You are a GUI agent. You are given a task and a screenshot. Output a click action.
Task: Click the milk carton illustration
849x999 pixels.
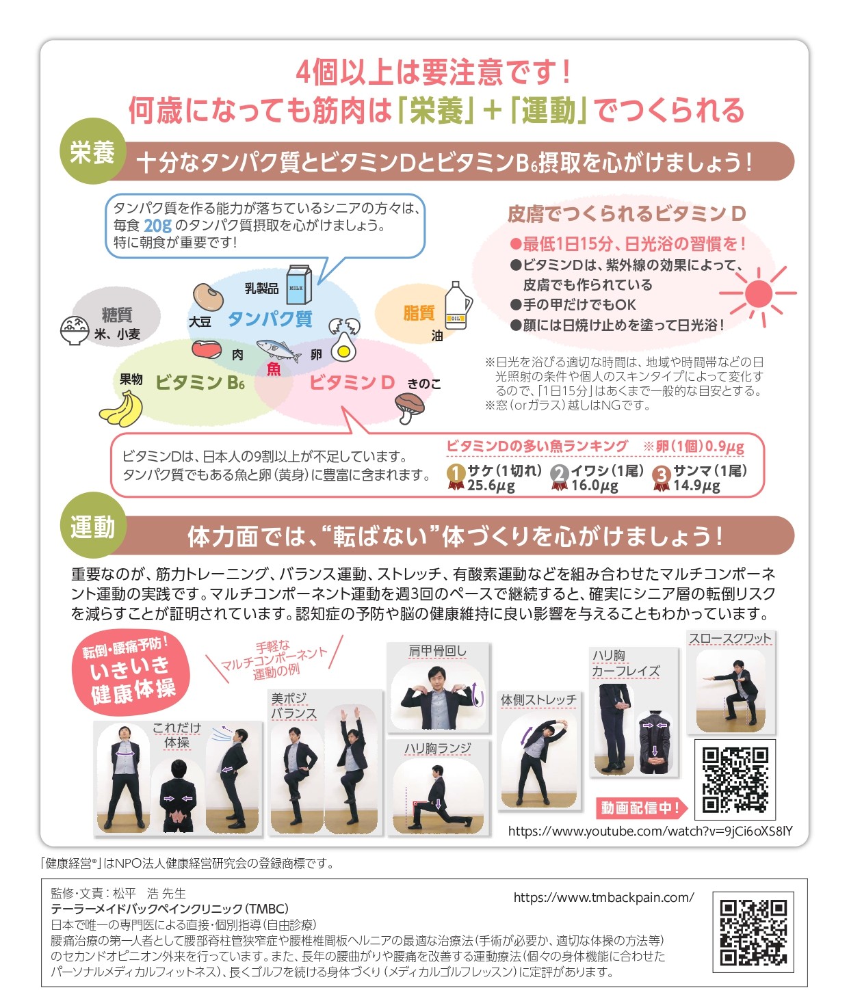click(x=299, y=284)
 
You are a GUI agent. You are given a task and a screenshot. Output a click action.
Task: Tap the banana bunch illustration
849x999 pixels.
click(x=121, y=409)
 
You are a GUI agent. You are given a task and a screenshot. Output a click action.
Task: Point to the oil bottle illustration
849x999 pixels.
click(x=458, y=306)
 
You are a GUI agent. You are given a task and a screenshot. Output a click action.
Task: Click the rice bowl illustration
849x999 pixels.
click(x=75, y=330)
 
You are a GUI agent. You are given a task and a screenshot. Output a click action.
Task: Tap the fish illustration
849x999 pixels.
click(x=278, y=350)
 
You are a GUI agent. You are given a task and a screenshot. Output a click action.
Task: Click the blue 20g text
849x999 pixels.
click(x=157, y=225)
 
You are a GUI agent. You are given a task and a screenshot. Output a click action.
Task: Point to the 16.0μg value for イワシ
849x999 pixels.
click(x=595, y=485)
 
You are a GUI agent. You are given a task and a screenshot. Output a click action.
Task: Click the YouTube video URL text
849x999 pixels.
click(x=651, y=831)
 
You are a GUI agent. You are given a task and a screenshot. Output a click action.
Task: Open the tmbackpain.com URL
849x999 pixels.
click(x=604, y=897)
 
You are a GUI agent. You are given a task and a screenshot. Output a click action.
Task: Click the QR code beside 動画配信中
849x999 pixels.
click(x=735, y=780)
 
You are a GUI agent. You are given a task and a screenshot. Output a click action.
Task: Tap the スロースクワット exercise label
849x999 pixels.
click(x=730, y=639)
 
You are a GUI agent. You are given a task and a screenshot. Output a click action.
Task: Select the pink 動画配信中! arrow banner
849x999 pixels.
click(x=642, y=807)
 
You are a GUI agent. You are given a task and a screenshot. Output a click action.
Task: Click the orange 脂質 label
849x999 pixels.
click(x=419, y=313)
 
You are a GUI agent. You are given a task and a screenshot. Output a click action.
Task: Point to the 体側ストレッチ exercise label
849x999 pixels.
click(x=538, y=700)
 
